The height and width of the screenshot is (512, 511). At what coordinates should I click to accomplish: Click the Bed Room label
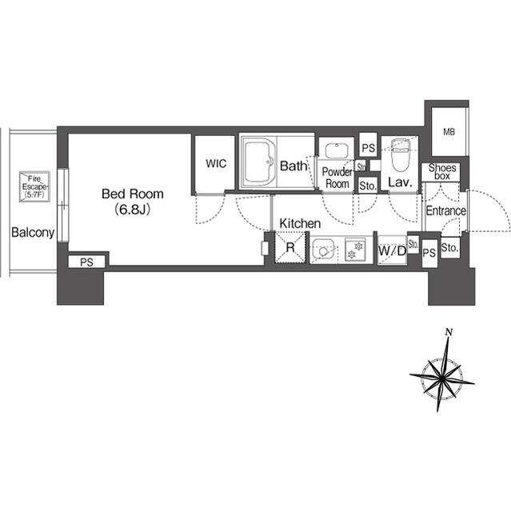(x=132, y=194)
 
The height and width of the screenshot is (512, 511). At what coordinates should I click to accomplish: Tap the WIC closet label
(x=216, y=164)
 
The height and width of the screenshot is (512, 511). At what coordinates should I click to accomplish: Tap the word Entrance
(x=445, y=211)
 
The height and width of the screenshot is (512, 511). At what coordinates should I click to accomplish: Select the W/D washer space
(x=391, y=250)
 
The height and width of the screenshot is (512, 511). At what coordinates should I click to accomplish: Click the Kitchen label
(x=300, y=223)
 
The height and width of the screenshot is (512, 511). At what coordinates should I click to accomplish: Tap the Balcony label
(x=32, y=234)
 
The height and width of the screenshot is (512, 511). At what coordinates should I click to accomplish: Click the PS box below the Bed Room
(x=85, y=261)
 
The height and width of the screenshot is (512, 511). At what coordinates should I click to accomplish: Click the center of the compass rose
(x=441, y=374)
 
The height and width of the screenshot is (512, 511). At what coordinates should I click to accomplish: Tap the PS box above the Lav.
(x=368, y=148)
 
